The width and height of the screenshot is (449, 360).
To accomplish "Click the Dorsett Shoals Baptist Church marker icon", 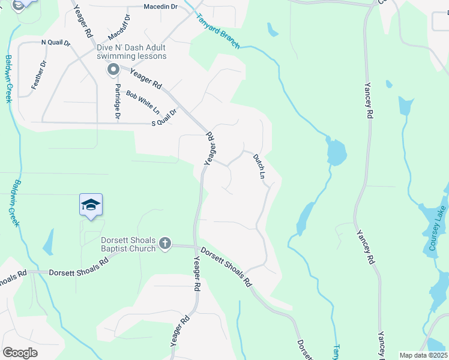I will click(165, 244).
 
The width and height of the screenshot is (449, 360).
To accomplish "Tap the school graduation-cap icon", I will click(91, 205).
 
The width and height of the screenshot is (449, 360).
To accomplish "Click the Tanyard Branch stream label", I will click(218, 32).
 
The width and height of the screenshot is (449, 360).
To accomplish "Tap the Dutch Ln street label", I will click(259, 167).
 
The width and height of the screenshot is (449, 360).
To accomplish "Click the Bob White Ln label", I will click(143, 103).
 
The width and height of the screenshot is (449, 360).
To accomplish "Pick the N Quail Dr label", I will click(56, 43).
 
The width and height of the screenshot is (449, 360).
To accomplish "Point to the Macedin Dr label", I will click(161, 7).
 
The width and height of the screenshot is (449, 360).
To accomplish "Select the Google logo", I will click(20, 352).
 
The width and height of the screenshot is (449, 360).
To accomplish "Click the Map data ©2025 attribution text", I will click(423, 355).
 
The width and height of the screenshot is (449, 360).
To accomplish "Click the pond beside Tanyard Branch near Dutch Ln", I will click(336, 151).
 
